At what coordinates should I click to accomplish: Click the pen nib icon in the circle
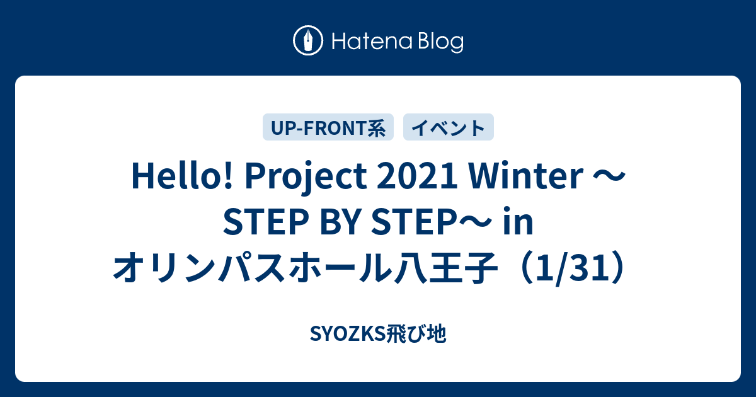(308, 40)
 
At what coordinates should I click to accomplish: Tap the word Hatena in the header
(372, 42)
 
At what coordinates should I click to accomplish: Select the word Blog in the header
(441, 43)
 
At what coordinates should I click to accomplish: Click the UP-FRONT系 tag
(328, 127)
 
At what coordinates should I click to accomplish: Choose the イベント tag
(449, 127)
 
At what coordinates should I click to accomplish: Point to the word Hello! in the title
(182, 176)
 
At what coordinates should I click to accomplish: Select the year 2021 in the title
(417, 176)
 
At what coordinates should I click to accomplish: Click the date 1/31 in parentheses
(572, 268)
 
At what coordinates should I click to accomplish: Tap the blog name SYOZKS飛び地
(378, 334)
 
